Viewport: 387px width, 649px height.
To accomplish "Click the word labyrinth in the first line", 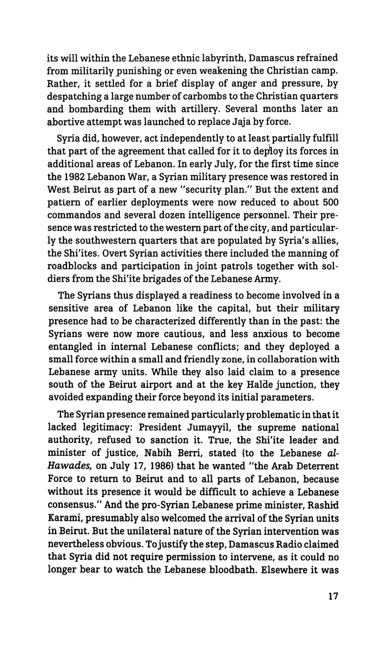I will (x=203, y=55).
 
